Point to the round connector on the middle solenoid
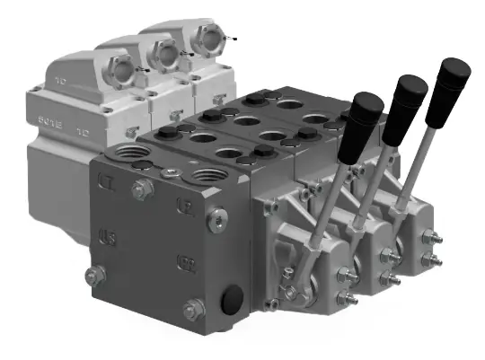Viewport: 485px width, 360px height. coord(165,51)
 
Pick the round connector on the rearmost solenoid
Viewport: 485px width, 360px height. coord(205,39)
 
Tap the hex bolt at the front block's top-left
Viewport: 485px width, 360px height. coord(142,189)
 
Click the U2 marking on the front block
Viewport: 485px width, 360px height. coord(180,206)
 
